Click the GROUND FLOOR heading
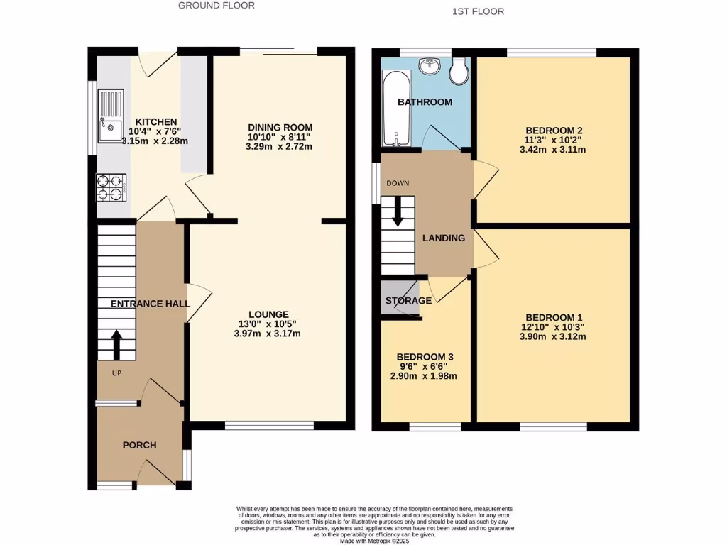pos(216,6)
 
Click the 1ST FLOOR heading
pos(478,12)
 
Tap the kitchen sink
pos(110,115)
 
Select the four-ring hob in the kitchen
pos(111,187)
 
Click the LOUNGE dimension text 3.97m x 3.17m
pos(268,334)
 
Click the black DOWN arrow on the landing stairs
pos(398,209)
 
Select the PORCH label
pos(139,445)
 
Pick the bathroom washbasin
pos(429,66)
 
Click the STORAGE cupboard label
pos(408,301)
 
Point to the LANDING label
pos(444,238)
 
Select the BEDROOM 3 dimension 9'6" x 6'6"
pos(425,366)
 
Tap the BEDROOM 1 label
pos(554,317)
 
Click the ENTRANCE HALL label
pos(150,303)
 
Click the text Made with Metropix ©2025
pos(375,541)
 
